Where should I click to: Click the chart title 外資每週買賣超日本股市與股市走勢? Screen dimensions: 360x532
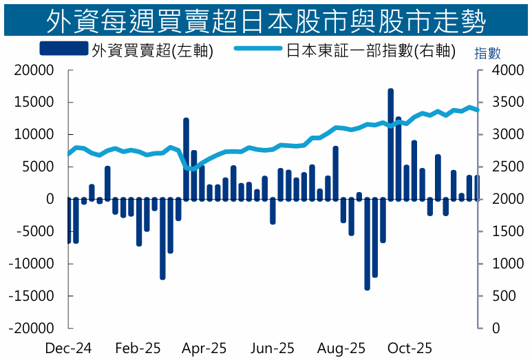[x=266, y=21]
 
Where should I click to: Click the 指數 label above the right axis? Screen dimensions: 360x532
[x=487, y=54]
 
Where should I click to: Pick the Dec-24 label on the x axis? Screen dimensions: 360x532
[x=68, y=348]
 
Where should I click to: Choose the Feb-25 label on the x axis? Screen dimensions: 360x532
[x=138, y=348]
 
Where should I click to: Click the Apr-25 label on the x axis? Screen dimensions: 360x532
[x=204, y=348]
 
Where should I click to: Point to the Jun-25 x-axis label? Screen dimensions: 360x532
[x=273, y=348]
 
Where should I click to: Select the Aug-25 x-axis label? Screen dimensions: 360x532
[x=343, y=348]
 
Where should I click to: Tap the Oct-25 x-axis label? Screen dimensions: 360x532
[x=410, y=348]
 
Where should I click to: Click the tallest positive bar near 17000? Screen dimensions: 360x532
[x=390, y=145]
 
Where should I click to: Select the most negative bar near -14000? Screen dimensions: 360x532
[x=368, y=244]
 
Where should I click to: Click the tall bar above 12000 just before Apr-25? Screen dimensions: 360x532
[x=186, y=158]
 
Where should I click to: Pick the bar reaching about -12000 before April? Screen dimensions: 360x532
[x=162, y=238]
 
